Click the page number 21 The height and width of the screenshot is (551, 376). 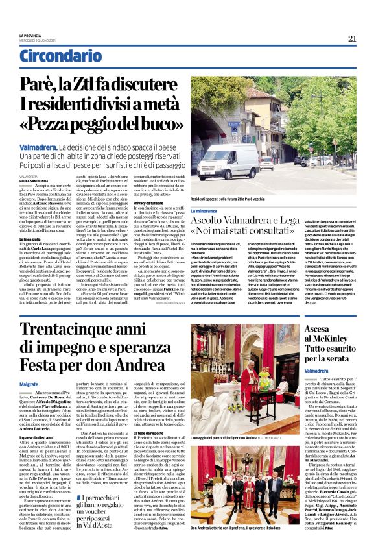(x=353, y=38)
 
